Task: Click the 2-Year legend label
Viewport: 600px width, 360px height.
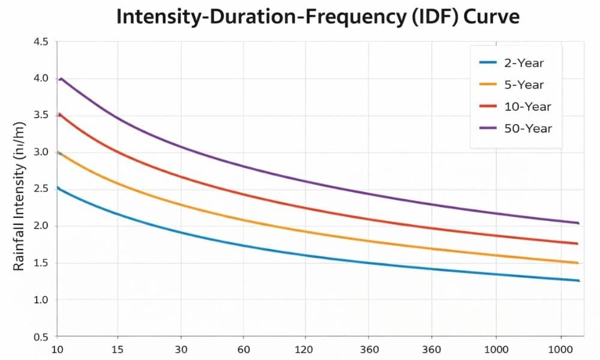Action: coord(524,62)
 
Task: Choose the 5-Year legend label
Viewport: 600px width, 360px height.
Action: coord(524,84)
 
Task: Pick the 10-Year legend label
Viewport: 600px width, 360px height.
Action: coord(527,106)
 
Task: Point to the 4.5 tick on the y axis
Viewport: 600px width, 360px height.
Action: coord(40,42)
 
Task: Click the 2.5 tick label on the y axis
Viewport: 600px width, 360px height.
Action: coord(40,189)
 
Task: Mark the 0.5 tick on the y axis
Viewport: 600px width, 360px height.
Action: coord(40,337)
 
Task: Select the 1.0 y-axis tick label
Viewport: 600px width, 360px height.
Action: coord(40,300)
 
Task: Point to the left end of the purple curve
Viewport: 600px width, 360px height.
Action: coord(59,79)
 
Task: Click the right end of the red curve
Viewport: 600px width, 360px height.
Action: coord(577,244)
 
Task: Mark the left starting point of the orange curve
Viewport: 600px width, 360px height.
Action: coord(58,152)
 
